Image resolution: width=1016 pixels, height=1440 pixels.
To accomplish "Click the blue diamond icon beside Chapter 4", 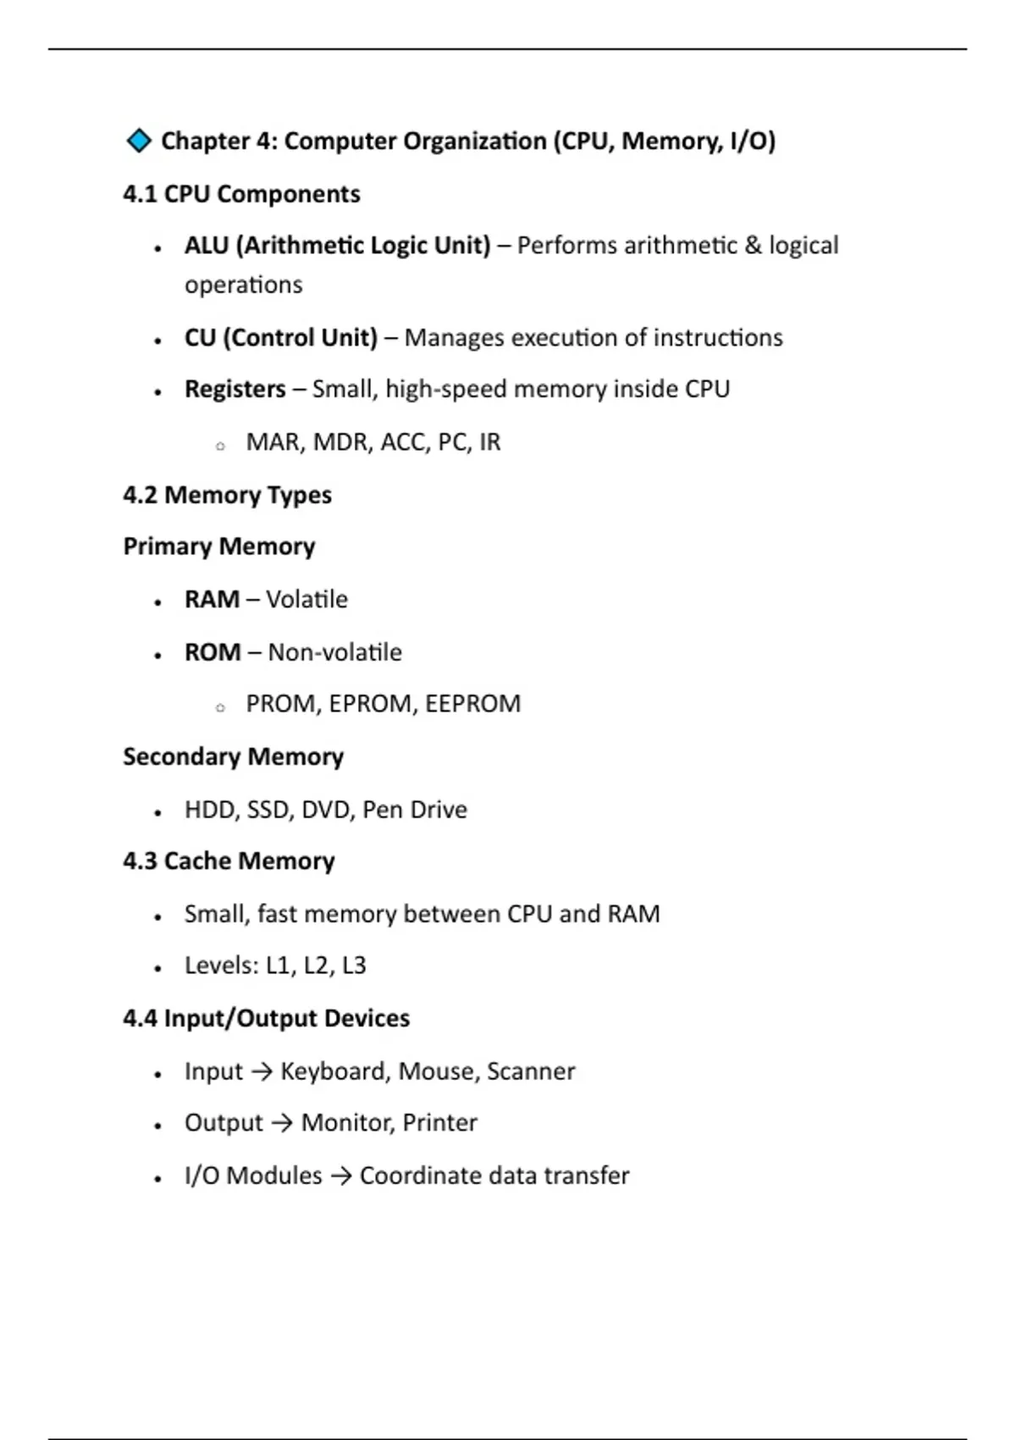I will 138,141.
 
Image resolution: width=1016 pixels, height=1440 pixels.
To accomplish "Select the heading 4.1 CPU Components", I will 241,194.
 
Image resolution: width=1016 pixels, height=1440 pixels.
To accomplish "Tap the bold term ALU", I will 207,246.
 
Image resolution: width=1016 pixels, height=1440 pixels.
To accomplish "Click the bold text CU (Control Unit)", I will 280,338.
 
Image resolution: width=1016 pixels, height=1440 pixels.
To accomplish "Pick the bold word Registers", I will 235,390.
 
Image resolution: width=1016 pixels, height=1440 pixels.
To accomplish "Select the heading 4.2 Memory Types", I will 227,495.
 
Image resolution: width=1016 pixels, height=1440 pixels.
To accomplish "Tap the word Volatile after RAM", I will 306,600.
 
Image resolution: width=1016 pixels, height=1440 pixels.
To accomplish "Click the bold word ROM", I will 213,652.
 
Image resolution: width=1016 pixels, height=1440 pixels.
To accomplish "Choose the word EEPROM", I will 472,704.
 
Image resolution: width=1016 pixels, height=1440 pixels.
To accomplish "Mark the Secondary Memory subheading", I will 233,756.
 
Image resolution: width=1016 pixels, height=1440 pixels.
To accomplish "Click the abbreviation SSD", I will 268,810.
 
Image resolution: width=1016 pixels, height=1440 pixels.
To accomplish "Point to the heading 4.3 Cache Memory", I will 229,861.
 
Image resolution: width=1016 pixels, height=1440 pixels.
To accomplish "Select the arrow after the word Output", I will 282,1123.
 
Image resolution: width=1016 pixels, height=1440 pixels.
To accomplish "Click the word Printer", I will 439,1123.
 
